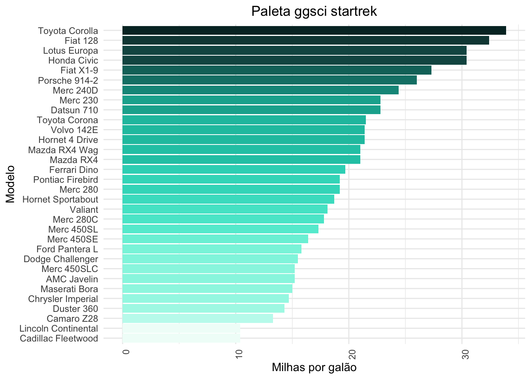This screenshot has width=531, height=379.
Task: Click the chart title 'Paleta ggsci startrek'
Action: pos(314,11)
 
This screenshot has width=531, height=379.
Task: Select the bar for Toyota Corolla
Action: pos(314,30)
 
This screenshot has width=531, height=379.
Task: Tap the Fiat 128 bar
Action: pos(305,40)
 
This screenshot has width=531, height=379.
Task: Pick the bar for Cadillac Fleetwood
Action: pos(181,338)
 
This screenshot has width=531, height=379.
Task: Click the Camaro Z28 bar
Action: pos(198,319)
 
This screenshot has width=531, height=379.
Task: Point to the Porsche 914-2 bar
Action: pos(269,80)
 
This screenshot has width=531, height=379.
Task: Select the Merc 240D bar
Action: pos(260,90)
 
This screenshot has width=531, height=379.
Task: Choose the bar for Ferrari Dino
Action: pos(234,170)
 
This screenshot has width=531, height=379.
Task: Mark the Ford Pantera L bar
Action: pos(212,249)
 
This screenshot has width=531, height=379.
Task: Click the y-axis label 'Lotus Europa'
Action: pos(70,51)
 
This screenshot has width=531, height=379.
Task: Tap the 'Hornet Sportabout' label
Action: pos(60,199)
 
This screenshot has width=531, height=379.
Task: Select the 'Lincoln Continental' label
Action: pos(58,328)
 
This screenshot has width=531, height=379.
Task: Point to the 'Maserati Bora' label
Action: pos(69,289)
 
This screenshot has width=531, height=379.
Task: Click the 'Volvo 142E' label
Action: pos(74,130)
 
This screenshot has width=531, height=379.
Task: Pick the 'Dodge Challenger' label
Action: pos(61,259)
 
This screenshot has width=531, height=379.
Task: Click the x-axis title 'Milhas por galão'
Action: pos(314,368)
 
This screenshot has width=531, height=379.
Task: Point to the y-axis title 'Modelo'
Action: pos(10,184)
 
